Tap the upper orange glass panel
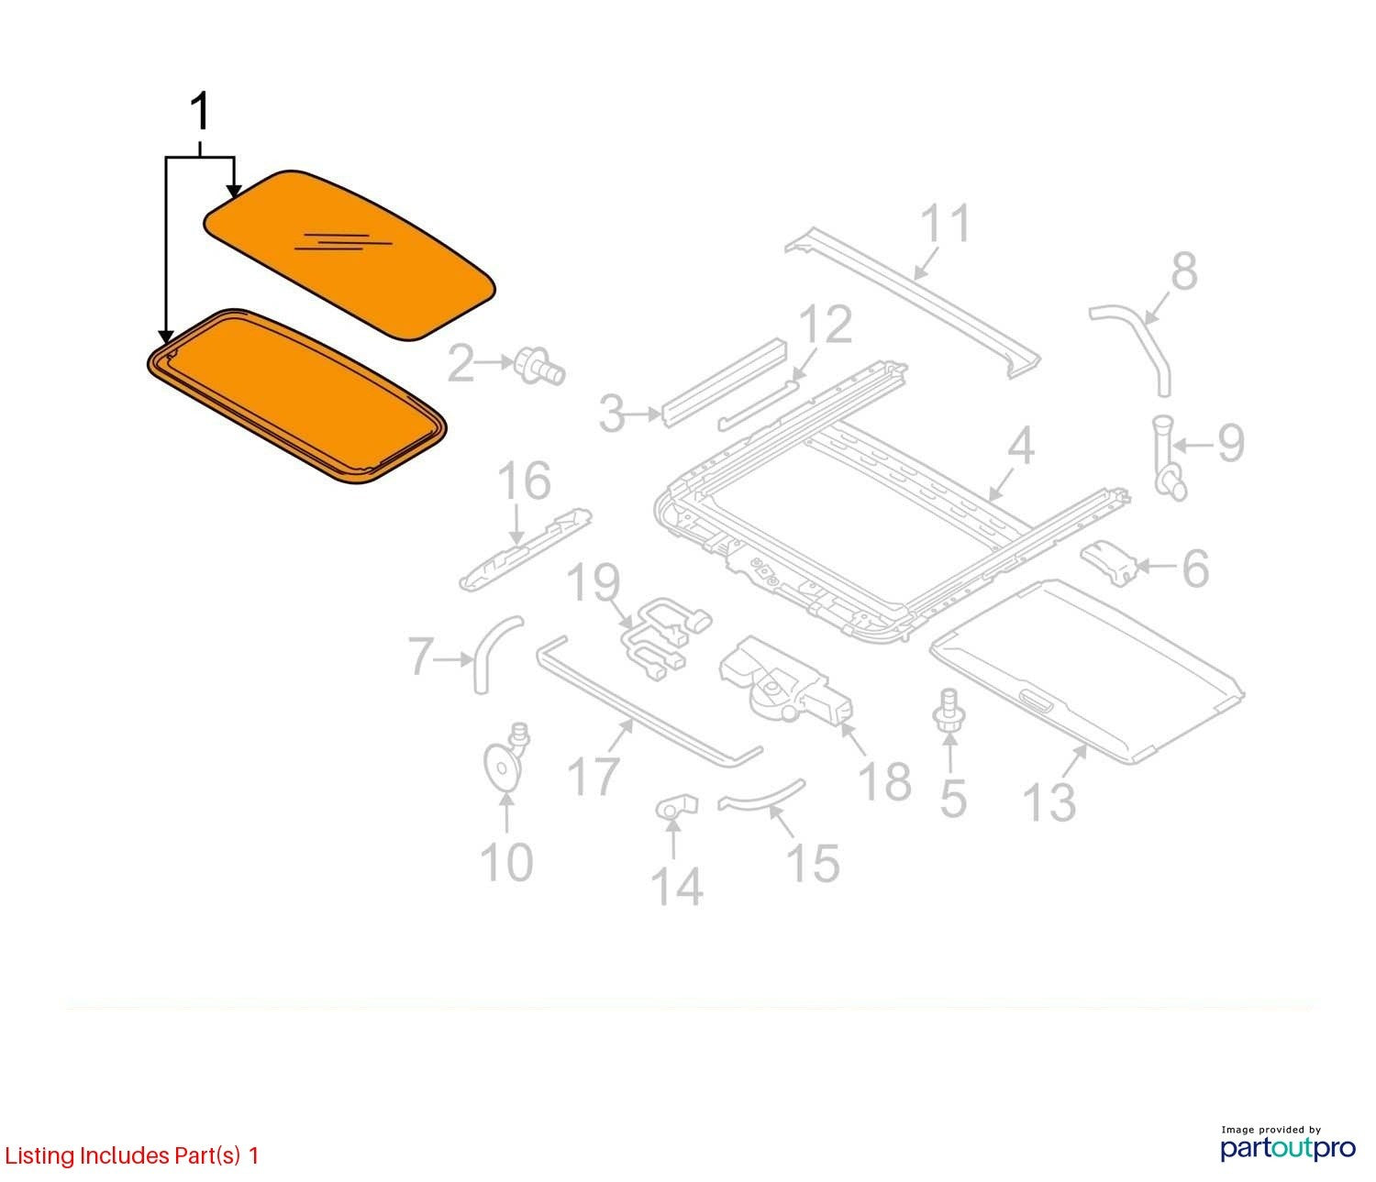click(350, 256)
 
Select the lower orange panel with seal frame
click(296, 397)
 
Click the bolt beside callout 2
click(539, 366)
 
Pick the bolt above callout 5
click(949, 713)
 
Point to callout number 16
click(525, 480)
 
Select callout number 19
click(594, 583)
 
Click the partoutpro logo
click(1287, 1147)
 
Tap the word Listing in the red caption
click(39, 1155)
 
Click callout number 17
click(594, 775)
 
